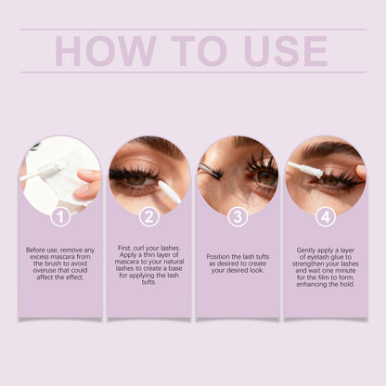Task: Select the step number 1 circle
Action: click(61, 217)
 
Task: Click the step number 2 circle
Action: click(148, 217)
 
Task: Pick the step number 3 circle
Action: click(238, 217)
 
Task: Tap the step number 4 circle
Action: click(325, 217)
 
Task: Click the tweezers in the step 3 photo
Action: click(212, 170)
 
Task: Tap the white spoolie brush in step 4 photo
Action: click(306, 171)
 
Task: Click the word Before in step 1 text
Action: click(38, 250)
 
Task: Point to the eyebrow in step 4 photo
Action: click(327, 150)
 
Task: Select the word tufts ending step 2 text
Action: click(148, 283)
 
